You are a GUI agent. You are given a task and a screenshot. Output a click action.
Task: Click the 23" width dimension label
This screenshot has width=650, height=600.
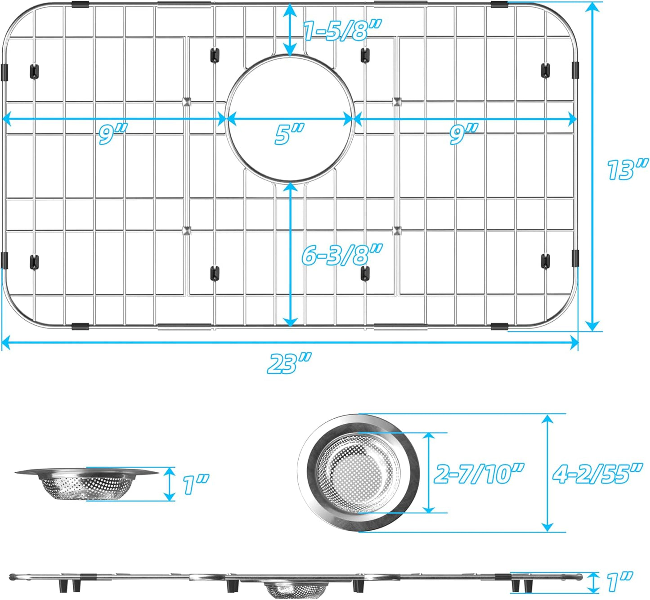tap(289, 363)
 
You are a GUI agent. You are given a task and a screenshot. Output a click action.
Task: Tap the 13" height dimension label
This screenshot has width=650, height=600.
tap(627, 170)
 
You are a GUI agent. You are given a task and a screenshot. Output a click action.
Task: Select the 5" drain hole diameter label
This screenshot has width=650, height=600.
tap(289, 134)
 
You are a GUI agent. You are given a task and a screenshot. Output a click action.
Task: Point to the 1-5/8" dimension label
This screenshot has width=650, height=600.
tap(342, 31)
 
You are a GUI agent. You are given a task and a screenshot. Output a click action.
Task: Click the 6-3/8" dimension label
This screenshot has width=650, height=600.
tap(342, 255)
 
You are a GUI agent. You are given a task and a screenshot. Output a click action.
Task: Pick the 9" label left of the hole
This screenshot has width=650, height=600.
tap(112, 134)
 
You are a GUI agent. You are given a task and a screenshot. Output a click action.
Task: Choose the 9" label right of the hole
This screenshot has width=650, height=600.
tap(463, 134)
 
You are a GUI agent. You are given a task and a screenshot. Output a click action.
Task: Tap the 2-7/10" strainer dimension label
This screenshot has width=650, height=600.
tap(479, 473)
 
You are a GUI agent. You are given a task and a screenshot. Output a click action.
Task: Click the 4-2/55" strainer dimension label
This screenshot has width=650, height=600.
tap(597, 473)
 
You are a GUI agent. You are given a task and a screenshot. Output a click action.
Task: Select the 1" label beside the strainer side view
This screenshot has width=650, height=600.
tap(196, 484)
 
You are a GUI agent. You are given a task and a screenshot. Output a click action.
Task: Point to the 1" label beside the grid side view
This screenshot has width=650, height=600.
tap(619, 582)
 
